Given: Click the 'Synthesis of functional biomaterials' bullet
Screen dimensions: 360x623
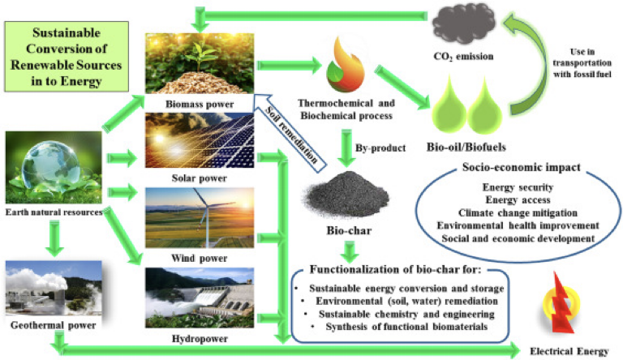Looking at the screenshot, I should point(396,326).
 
